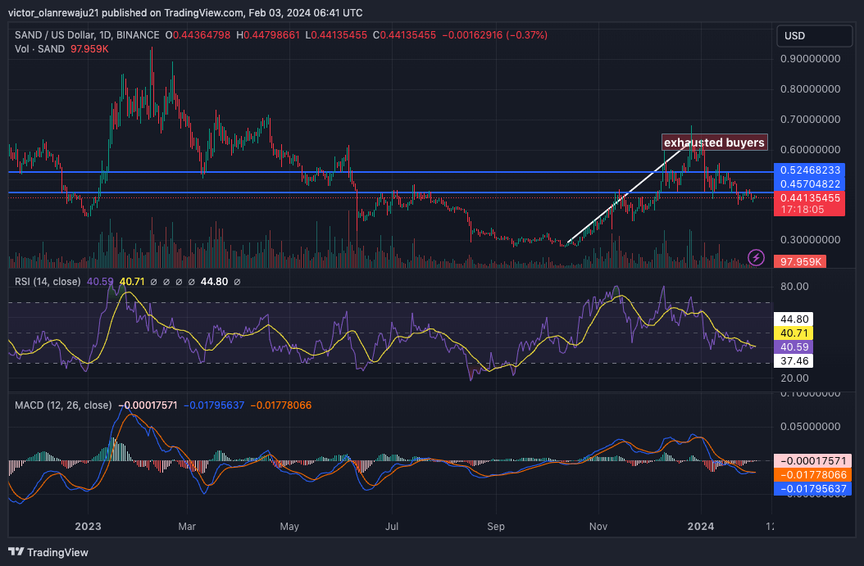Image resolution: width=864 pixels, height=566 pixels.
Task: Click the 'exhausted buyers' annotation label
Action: coord(714,143)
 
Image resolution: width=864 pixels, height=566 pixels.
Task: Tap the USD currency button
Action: coord(795,36)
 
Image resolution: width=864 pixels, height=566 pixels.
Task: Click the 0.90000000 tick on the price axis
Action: coord(809,59)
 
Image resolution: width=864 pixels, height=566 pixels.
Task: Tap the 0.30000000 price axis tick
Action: coord(809,240)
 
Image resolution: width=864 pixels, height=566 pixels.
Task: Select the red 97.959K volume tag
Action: coord(800,261)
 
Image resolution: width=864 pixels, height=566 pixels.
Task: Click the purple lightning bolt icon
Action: coord(757,258)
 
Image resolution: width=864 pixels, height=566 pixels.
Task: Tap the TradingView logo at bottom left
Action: coord(49,552)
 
